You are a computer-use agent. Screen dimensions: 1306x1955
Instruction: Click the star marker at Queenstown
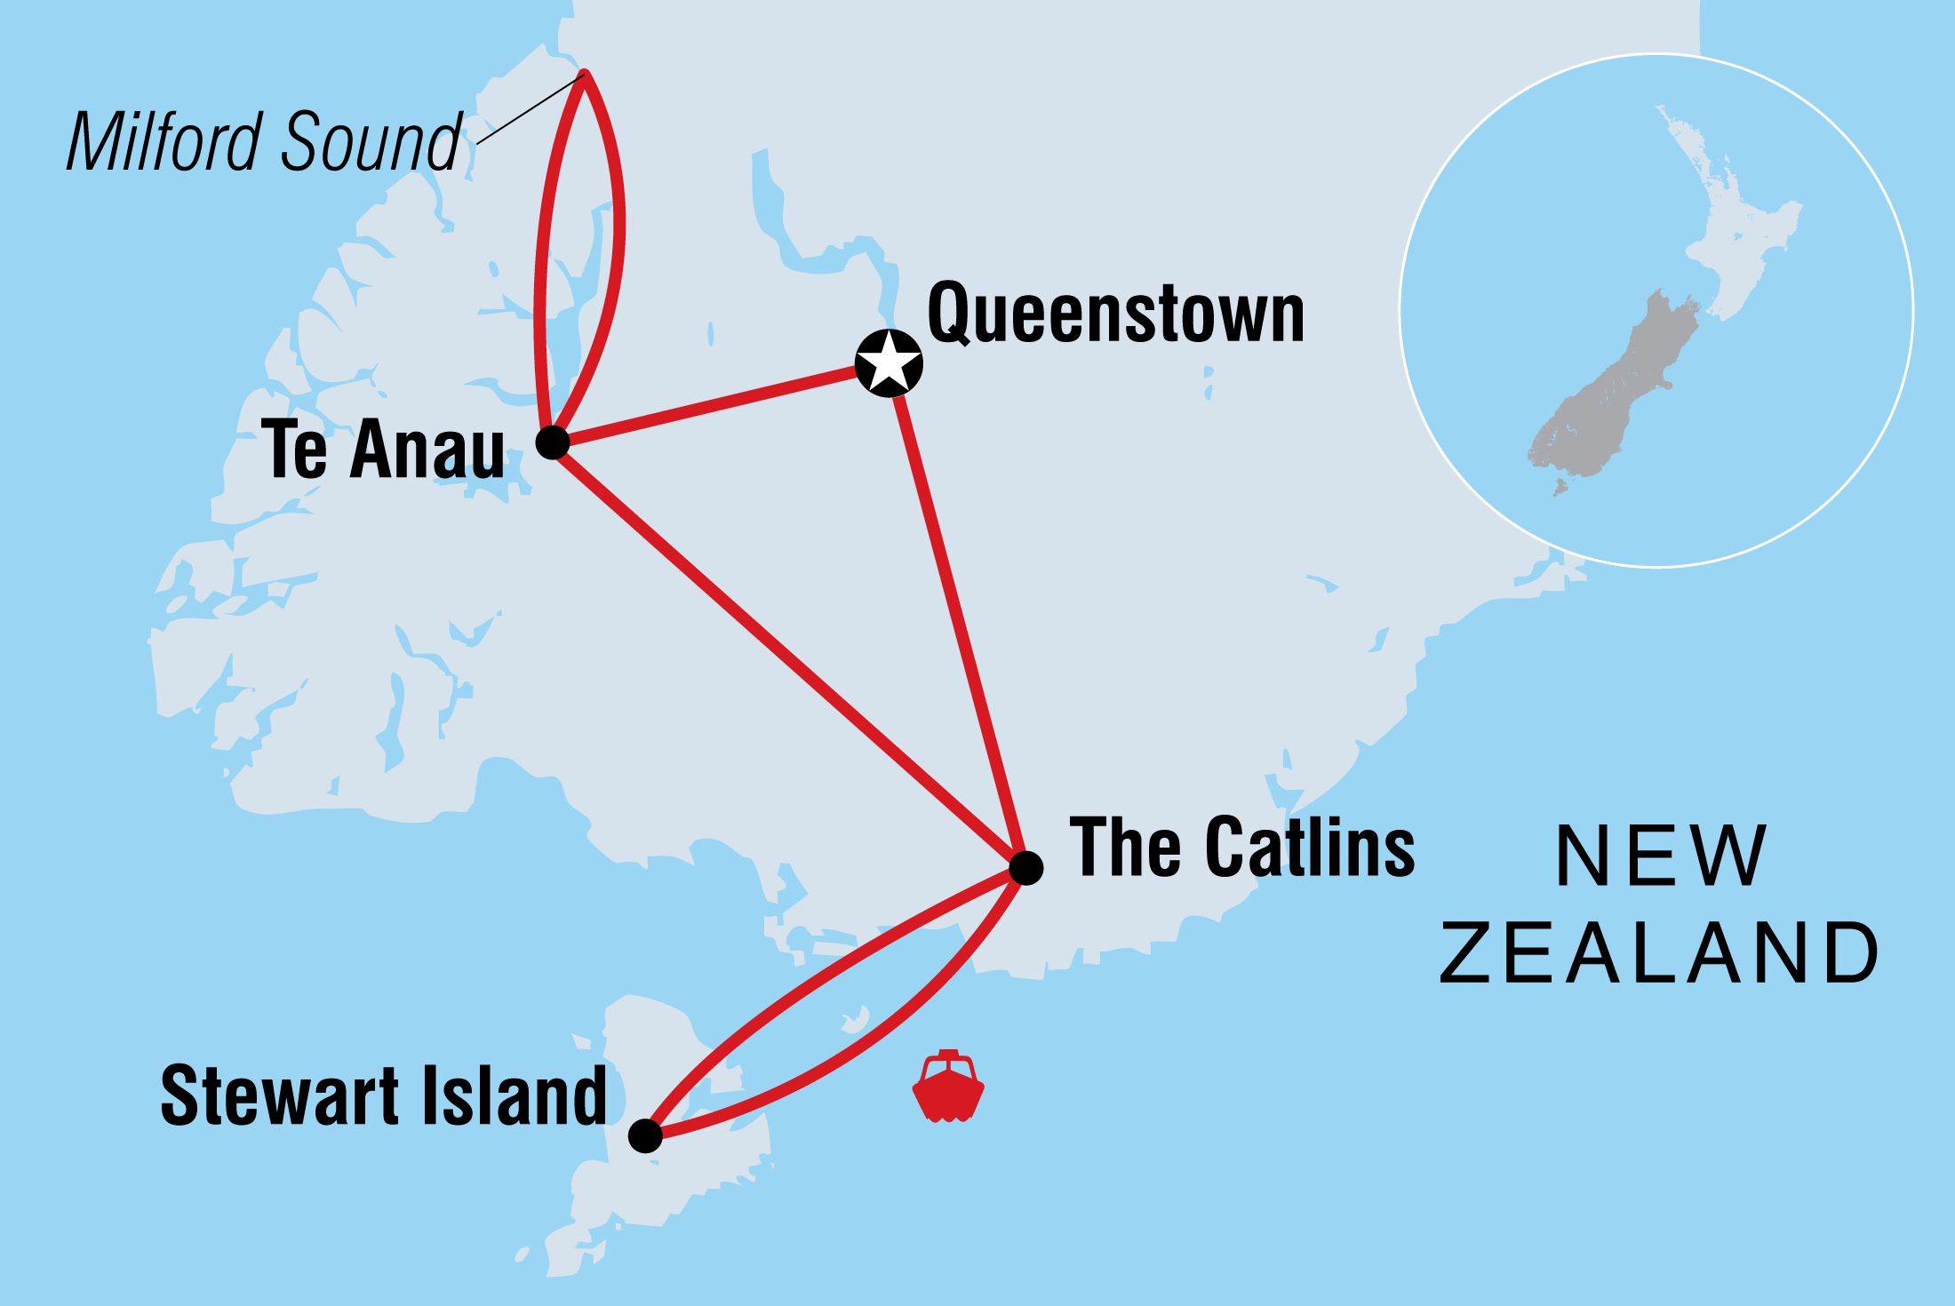point(889,363)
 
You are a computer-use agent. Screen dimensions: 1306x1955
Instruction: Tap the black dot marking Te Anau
point(553,442)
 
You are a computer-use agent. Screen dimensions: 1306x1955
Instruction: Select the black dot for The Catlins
point(1026,868)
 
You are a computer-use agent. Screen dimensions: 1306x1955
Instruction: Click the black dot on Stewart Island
point(645,1135)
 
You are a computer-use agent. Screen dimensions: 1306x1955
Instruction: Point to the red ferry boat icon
point(948,1087)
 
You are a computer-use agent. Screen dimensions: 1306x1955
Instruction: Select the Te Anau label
point(383,450)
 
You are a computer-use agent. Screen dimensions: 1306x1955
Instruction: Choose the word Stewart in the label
point(279,1096)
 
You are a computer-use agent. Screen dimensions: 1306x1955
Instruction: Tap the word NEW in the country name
point(1660,856)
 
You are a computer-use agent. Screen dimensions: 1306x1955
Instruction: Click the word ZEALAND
point(1658,953)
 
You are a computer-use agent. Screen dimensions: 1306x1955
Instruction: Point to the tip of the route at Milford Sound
point(585,74)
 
